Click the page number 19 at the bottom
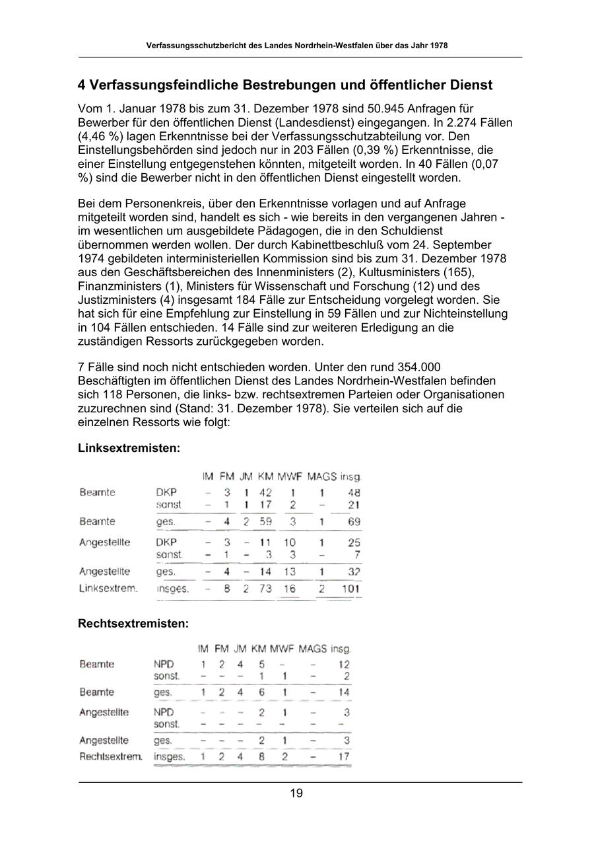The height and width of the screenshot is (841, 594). coord(296,793)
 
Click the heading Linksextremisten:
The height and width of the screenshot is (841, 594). coord(129,448)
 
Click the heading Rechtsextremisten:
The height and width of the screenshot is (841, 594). coord(133,623)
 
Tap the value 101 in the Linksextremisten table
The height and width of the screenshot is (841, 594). coord(350,588)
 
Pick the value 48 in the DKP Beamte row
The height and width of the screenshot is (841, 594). coord(354,492)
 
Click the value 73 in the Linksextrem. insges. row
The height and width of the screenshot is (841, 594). coord(265,588)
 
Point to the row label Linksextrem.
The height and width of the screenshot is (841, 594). coord(108,588)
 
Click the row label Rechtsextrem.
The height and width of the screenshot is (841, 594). coord(111,756)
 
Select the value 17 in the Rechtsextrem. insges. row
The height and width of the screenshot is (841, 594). coord(344,756)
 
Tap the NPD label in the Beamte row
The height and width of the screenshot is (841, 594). coord(164,664)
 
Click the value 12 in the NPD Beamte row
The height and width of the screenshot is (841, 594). coord(344,664)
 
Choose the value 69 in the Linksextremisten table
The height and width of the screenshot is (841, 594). coord(354,522)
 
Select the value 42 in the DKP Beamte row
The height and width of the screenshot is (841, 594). coord(265,492)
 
